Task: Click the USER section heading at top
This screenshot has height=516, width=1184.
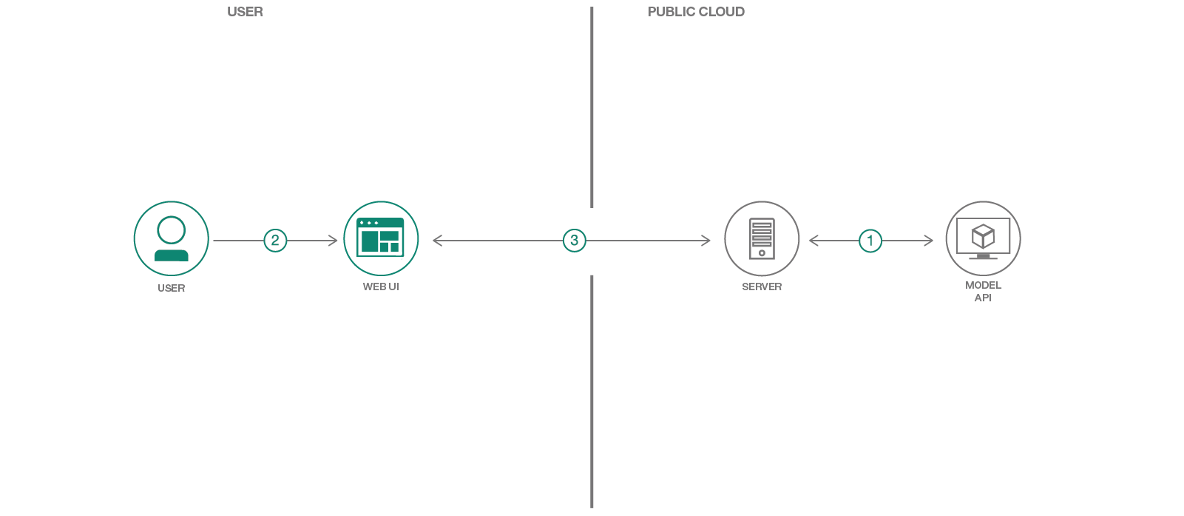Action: tap(245, 12)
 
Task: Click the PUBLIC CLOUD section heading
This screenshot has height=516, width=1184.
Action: tap(696, 12)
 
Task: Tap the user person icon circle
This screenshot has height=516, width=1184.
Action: tap(172, 239)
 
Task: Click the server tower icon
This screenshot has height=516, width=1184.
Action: tap(762, 238)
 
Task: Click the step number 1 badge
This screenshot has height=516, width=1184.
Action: tap(870, 241)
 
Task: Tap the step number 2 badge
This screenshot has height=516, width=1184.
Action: tap(275, 241)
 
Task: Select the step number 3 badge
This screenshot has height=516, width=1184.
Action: tap(575, 241)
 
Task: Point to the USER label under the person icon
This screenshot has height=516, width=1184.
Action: tap(172, 288)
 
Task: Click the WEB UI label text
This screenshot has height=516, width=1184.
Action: tap(381, 287)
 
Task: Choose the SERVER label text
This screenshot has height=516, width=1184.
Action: tap(762, 287)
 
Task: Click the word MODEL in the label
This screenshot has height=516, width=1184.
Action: tap(984, 285)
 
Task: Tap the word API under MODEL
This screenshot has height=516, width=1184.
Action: tap(983, 298)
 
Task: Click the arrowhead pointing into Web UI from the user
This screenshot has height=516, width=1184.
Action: tap(334, 241)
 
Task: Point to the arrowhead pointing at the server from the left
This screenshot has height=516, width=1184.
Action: tap(707, 241)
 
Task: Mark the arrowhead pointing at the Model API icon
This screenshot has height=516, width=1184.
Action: tap(930, 241)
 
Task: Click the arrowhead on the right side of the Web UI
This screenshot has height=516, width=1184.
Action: tap(436, 241)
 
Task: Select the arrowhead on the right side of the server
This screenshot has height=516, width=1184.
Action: tap(813, 241)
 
